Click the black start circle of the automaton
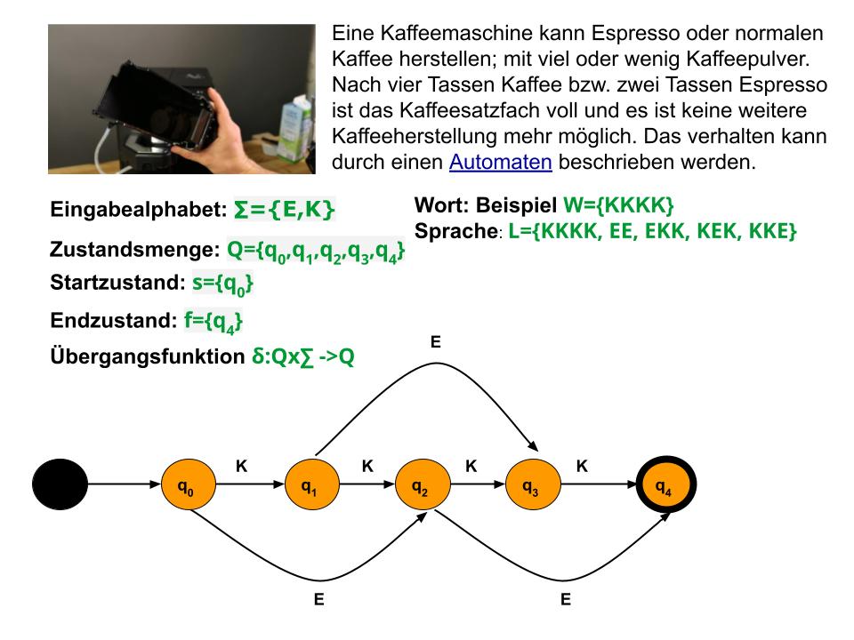(60, 484)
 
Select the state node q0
(189, 484)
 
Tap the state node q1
(312, 484)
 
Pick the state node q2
(423, 484)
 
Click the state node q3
(533, 484)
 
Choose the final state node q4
(665, 484)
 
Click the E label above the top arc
(435, 341)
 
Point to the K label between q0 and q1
(241, 466)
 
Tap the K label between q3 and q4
(582, 466)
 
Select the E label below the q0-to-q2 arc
(318, 599)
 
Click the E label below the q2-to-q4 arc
(566, 599)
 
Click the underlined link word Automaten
(501, 162)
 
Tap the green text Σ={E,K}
(284, 210)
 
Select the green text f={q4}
(213, 321)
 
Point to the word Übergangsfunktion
(148, 356)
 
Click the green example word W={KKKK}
(618, 205)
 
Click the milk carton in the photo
(295, 128)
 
